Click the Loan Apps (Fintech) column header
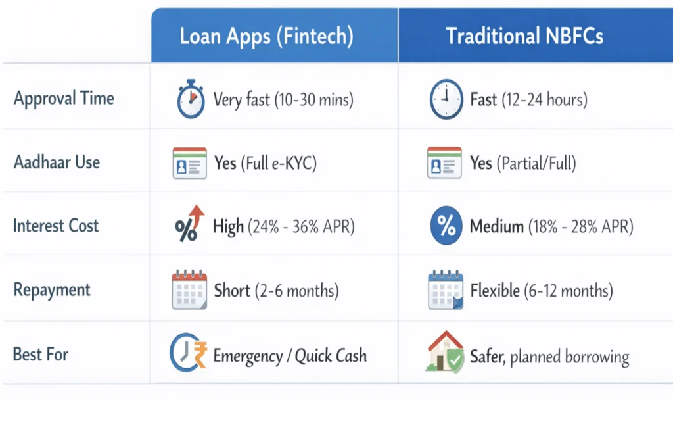(266, 36)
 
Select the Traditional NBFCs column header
(524, 36)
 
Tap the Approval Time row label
(64, 99)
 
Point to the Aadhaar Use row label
(57, 162)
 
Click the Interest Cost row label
(56, 226)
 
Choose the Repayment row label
(52, 289)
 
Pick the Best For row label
(41, 354)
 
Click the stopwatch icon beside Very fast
(190, 100)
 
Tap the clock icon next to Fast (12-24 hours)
(445, 100)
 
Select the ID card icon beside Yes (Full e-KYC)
(189, 163)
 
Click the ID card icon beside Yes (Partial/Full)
(444, 163)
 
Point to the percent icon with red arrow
(189, 224)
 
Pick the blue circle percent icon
(446, 227)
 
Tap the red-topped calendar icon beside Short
(189, 289)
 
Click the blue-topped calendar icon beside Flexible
(445, 290)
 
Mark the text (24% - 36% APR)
(301, 227)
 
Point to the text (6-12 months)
(569, 290)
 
